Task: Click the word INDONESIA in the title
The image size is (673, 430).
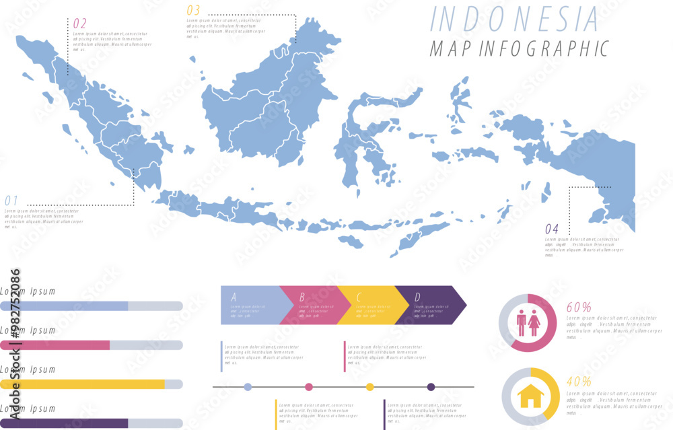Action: coord(513,19)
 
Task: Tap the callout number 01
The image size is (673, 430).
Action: coord(11,201)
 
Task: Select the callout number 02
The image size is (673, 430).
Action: coord(79,24)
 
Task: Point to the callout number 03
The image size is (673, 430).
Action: coord(193,10)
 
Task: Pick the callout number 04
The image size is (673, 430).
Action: coord(552,229)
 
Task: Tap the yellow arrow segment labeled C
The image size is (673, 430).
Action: coord(369,305)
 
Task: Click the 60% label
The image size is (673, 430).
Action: coord(579,308)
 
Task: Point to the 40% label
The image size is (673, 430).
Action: coord(579,382)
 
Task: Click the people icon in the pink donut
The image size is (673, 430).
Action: coord(528,322)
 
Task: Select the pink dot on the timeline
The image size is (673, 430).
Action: coord(309,387)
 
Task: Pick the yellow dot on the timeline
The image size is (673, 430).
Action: coord(369,387)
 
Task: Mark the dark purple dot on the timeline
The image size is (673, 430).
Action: coord(431,387)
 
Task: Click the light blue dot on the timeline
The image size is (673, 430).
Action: coord(248,387)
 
